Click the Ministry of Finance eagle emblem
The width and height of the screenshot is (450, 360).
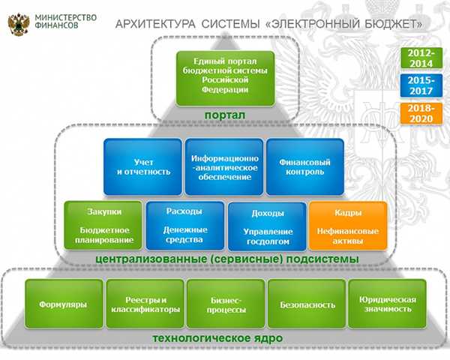[x=19, y=24]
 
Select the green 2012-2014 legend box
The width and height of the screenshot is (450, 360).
[x=421, y=58]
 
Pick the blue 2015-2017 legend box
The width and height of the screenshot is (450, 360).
[x=421, y=85]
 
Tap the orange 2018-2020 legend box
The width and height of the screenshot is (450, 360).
[x=421, y=113]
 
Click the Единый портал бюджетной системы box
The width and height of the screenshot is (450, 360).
[x=225, y=78]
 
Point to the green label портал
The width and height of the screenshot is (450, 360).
[x=225, y=115]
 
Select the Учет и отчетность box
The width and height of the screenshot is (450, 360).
[x=143, y=167]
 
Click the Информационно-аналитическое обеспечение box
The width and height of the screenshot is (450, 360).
[x=224, y=167]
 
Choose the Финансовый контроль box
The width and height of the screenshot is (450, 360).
[x=305, y=167]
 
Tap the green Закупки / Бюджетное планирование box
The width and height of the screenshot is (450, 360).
[x=103, y=225]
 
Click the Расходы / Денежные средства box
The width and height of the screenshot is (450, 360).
[x=185, y=226]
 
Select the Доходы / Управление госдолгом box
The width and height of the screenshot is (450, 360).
[x=267, y=226]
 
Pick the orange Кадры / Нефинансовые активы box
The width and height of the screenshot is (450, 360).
[x=348, y=226]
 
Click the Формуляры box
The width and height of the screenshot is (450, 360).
[x=64, y=304]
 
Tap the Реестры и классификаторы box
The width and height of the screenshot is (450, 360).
[x=145, y=304]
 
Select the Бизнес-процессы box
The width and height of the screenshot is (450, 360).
[x=226, y=304]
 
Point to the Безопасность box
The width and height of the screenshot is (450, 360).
[x=307, y=304]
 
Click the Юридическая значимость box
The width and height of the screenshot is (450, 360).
[x=388, y=304]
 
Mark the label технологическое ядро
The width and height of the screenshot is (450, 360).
[x=217, y=338]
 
